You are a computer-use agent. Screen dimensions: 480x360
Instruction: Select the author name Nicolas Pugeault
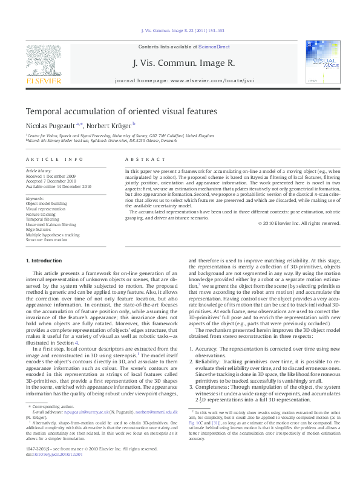(50, 126)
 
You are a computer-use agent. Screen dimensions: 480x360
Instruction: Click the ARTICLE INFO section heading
(54, 159)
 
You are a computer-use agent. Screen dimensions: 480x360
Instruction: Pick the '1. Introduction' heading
(45, 260)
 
